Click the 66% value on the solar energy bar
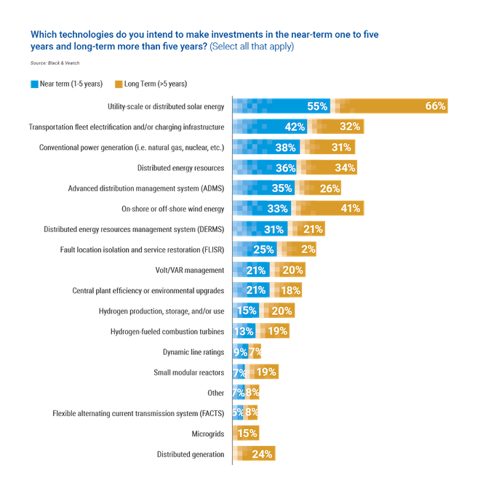pyautogui.click(x=435, y=106)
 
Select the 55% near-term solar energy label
pyautogui.click(x=317, y=106)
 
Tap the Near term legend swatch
pyautogui.click(x=34, y=84)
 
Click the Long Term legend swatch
pyautogui.click(x=119, y=84)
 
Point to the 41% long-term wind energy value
pyautogui.click(x=350, y=209)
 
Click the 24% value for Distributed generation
pyautogui.click(x=263, y=455)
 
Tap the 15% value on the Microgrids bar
pyautogui.click(x=247, y=434)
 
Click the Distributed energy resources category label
pyautogui.click(x=183, y=168)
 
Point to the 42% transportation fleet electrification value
pyautogui.click(x=294, y=127)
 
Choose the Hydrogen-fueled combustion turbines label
pyautogui.click(x=169, y=332)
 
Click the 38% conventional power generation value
pyautogui.click(x=285, y=148)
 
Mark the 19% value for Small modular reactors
pyautogui.click(x=266, y=372)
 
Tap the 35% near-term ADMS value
pyautogui.click(x=281, y=188)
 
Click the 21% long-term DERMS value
pyautogui.click(x=313, y=229)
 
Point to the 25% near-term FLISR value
pyautogui.click(x=263, y=250)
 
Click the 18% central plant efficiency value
pyautogui.click(x=290, y=291)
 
